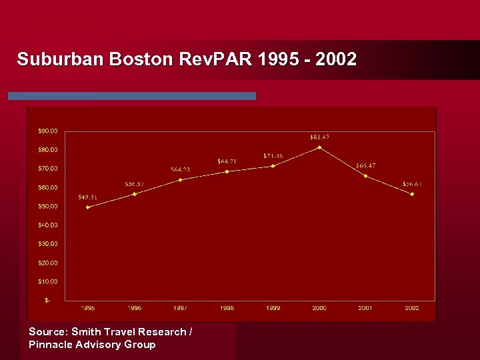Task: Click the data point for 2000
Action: [x=319, y=147]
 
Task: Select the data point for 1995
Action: [x=88, y=207]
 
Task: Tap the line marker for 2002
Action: [x=412, y=194]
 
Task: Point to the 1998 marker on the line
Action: [x=227, y=171]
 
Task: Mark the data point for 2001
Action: [x=365, y=176]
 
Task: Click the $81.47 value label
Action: [x=319, y=137]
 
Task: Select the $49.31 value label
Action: [x=88, y=197]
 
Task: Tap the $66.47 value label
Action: [x=365, y=165]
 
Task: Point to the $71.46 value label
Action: [x=273, y=156]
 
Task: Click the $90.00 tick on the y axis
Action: [x=47, y=131]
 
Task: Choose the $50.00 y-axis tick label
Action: [x=47, y=206]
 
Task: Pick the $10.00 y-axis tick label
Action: [x=47, y=281]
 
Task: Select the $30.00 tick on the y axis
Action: [x=47, y=244]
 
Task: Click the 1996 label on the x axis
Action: [x=134, y=308]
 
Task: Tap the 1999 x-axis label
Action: [x=273, y=308]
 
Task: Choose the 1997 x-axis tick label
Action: [x=180, y=308]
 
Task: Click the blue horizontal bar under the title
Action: [x=132, y=96]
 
